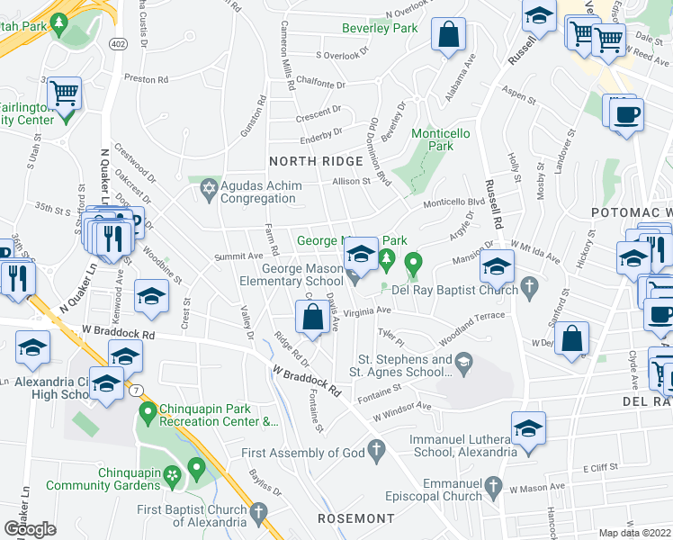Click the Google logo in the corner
(30, 528)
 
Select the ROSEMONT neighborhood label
(356, 519)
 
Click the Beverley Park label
(380, 28)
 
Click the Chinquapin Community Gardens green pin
(196, 468)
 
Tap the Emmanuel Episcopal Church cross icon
(492, 487)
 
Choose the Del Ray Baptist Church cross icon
(530, 289)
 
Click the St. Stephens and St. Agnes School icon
(463, 365)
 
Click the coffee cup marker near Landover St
(626, 114)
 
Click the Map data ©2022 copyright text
(634, 533)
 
